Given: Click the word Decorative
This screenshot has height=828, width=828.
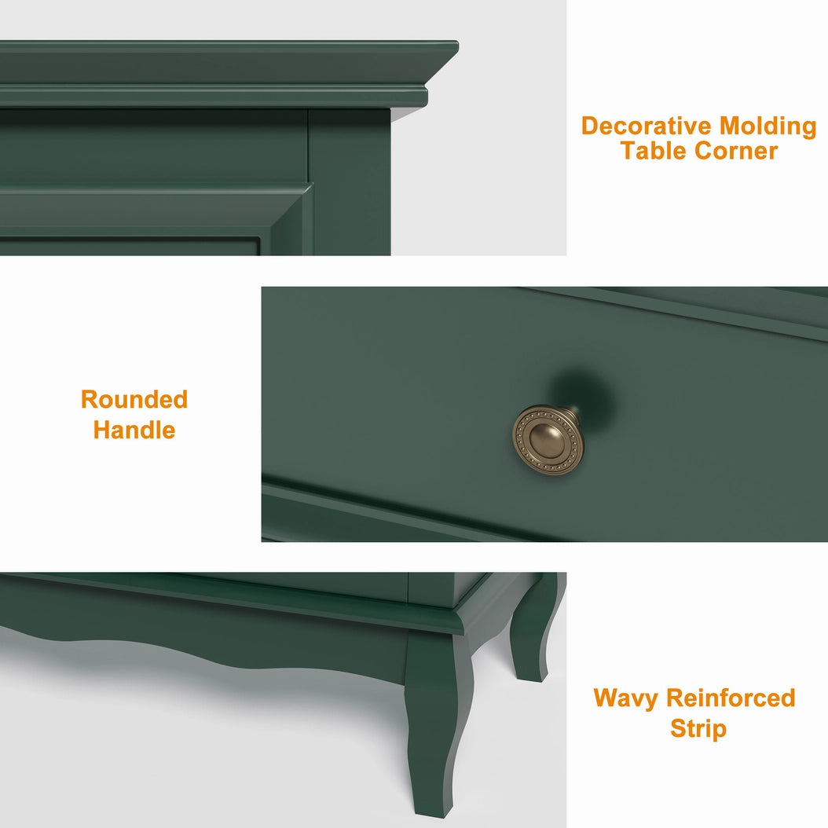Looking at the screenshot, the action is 647,126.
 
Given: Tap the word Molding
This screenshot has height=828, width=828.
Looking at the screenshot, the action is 768,127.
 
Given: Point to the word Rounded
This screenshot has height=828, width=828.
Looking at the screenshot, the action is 134,400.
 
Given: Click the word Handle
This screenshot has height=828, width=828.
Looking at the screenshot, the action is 134,430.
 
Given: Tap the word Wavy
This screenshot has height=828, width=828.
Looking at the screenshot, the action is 626,699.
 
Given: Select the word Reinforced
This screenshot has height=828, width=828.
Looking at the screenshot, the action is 731,698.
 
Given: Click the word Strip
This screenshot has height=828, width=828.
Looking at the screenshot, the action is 698,729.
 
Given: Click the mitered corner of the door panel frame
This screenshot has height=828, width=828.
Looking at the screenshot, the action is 309,185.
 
